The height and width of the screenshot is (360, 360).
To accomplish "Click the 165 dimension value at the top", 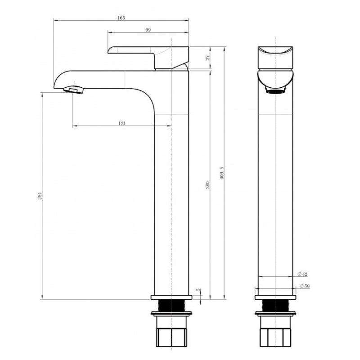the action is coord(121,18).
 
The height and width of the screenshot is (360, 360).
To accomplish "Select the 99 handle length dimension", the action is coord(148,30).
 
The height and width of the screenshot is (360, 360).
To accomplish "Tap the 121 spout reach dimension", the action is coord(122,123).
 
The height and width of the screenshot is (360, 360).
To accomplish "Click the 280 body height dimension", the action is coord(207,184).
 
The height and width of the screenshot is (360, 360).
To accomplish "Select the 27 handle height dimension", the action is coord(208,58).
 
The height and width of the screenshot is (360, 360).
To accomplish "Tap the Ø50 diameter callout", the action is coord(304,286).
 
